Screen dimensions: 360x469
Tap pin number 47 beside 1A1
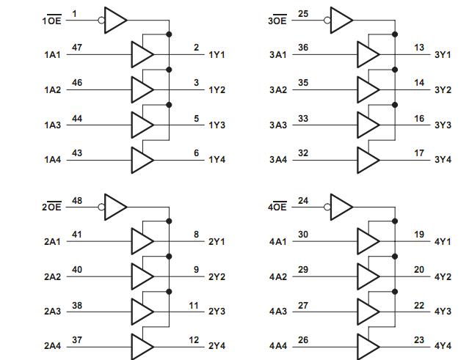(x=76, y=48)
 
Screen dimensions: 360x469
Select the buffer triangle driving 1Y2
(x=142, y=89)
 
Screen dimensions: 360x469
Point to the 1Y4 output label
(x=217, y=160)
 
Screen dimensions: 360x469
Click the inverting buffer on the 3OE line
(x=341, y=20)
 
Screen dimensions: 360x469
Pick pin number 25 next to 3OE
(x=302, y=13)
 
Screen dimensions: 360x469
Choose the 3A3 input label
(x=278, y=125)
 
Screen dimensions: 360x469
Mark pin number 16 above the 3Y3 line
(x=419, y=118)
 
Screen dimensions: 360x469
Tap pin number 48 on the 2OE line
(x=76, y=200)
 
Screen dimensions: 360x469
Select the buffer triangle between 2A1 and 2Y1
(x=142, y=240)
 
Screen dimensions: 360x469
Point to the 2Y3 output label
(x=217, y=312)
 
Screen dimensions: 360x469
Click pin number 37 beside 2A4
(x=76, y=340)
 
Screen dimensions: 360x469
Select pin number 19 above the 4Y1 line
(x=419, y=235)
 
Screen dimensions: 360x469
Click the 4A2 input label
(x=278, y=277)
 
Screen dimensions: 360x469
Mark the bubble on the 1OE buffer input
(x=102, y=20)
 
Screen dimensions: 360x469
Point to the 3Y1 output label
(x=443, y=55)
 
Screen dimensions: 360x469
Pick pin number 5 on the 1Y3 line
(x=196, y=118)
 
